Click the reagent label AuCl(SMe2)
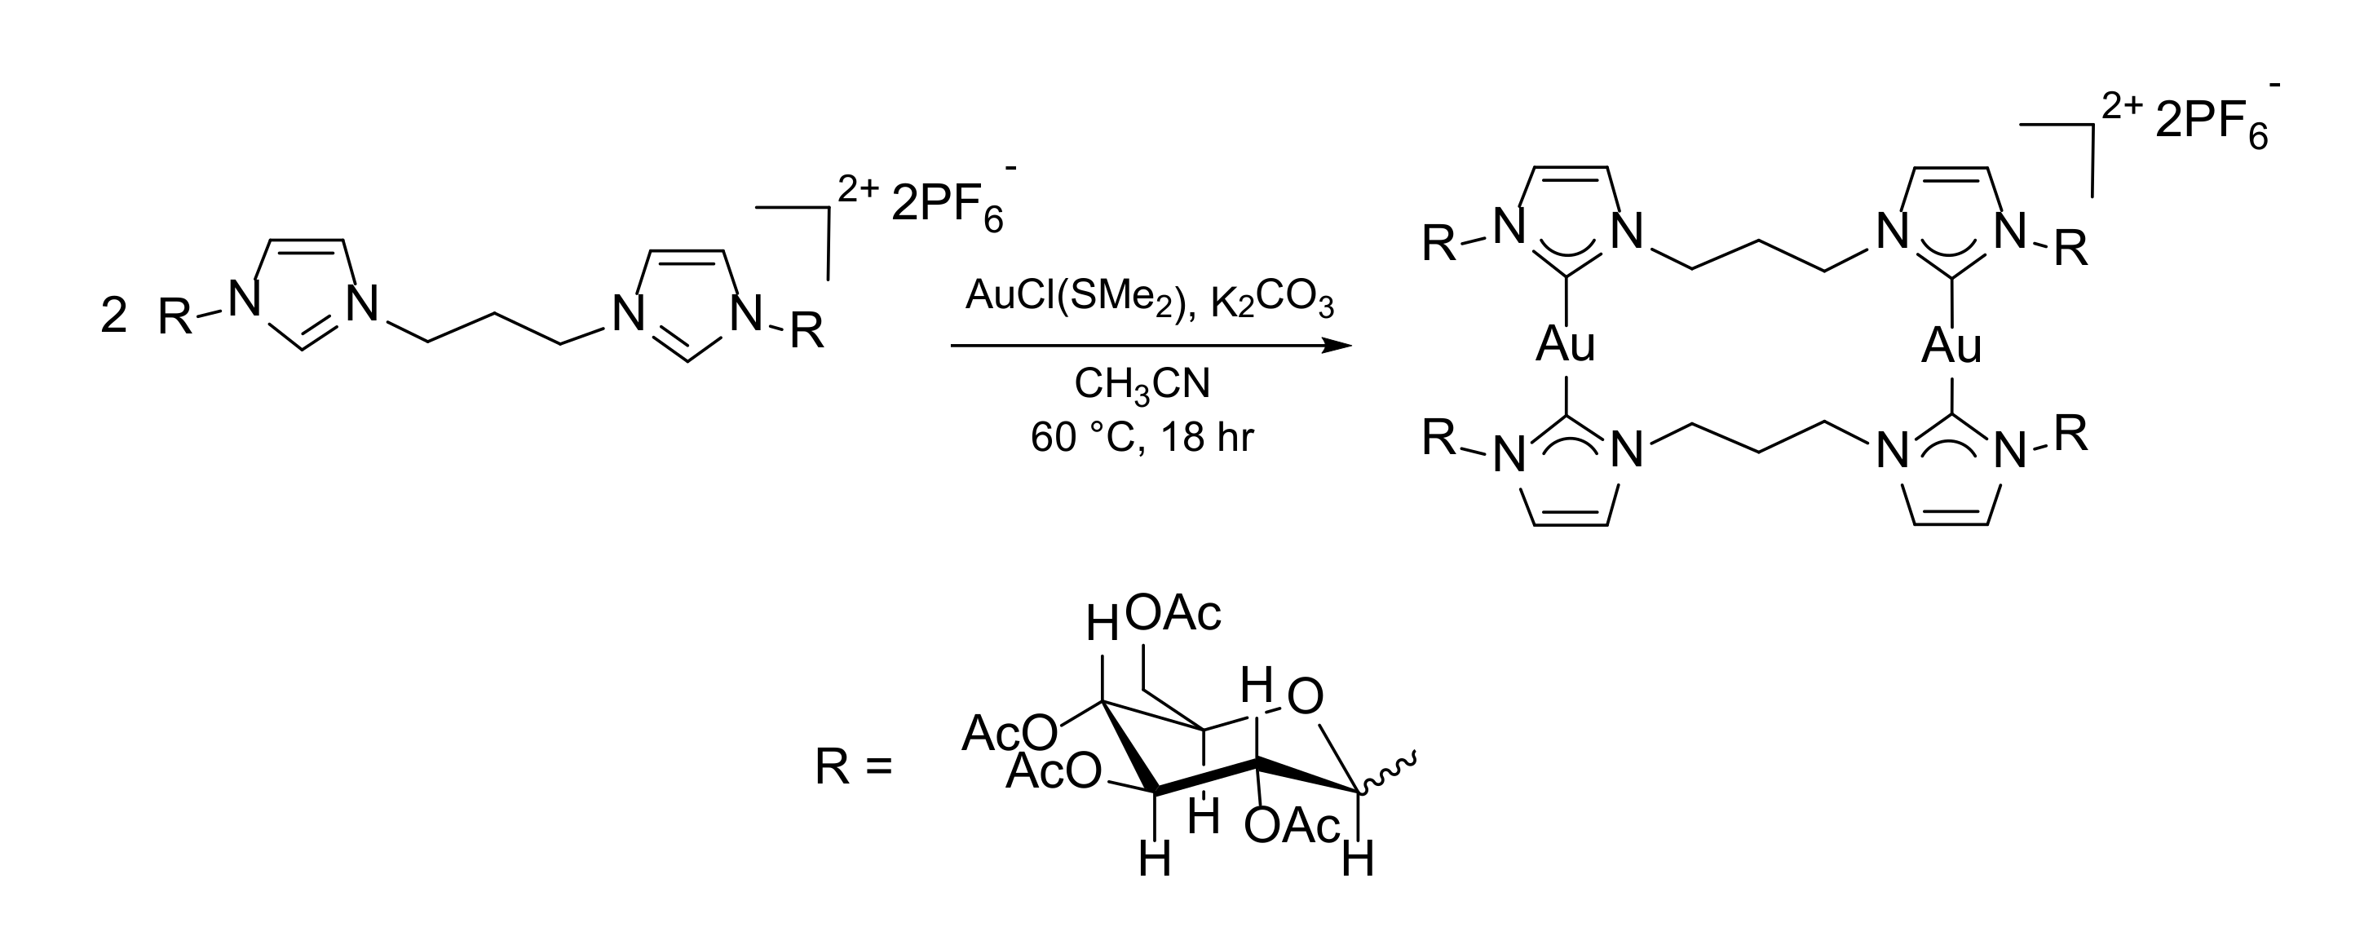pyautogui.click(x=1079, y=298)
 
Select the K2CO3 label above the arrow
pyautogui.click(x=1272, y=302)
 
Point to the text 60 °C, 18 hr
pyautogui.click(x=1142, y=437)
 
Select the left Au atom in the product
pyautogui.click(x=1565, y=346)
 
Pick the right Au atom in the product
pyautogui.click(x=1951, y=346)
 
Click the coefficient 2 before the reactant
pyautogui.click(x=113, y=316)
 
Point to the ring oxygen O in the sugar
pyautogui.click(x=1305, y=698)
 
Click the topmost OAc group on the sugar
pyautogui.click(x=1173, y=614)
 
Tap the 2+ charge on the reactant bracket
pyautogui.click(x=859, y=189)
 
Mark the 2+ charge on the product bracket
pyautogui.click(x=2123, y=107)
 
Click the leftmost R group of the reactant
pyautogui.click(x=175, y=319)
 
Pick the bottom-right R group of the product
pyautogui.click(x=2070, y=433)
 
